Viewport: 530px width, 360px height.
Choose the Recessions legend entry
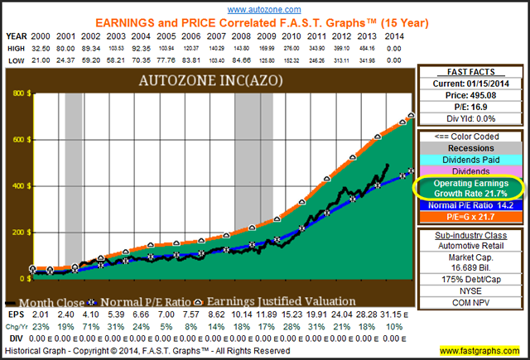470,148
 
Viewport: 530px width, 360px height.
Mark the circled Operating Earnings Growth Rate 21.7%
469,186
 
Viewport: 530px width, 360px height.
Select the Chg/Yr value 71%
91,326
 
